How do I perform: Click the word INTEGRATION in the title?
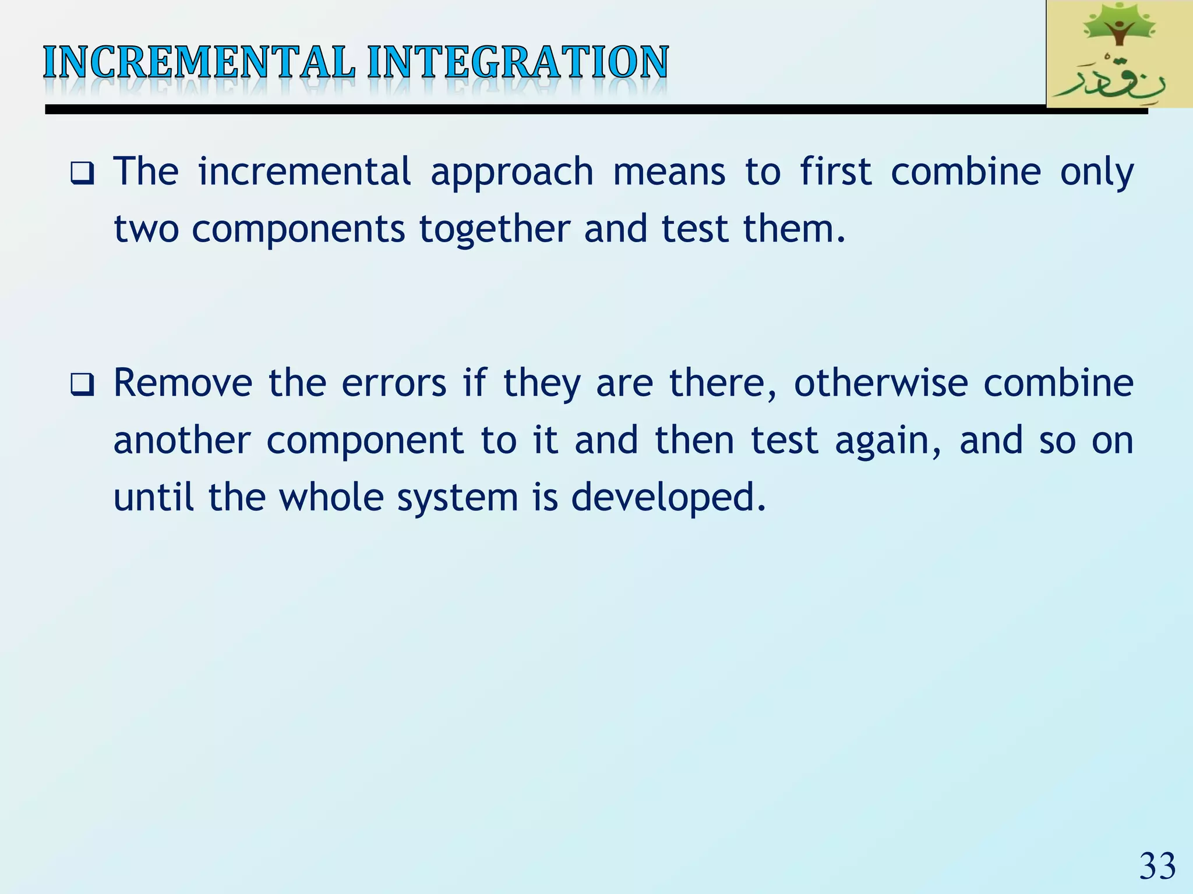518,62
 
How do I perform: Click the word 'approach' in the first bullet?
511,173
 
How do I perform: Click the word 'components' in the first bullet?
298,230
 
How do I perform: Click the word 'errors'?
394,384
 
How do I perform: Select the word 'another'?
182,441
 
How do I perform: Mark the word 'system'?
458,499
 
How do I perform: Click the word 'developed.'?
668,499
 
